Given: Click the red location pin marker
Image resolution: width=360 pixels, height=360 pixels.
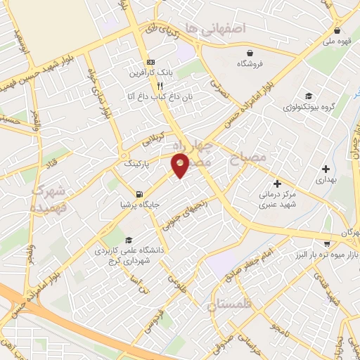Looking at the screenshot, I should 180,165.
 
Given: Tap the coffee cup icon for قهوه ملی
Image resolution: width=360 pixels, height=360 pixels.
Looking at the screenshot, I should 338,30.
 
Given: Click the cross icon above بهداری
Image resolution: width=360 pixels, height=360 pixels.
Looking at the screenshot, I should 326,169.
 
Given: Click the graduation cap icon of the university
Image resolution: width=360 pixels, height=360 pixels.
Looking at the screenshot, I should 127,239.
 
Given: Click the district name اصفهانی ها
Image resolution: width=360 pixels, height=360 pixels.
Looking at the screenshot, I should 214,29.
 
